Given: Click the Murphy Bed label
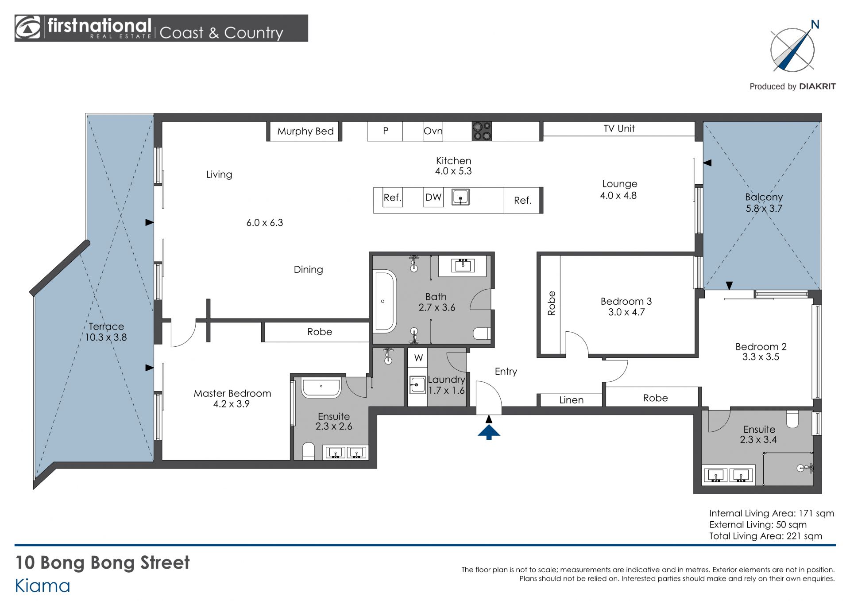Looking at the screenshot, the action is coord(305,131).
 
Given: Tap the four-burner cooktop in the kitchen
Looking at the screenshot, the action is coord(482,131).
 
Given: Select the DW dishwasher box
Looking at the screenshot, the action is coord(433,198).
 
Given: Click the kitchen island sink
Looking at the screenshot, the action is coord(460,197).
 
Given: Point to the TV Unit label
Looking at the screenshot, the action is coord(619,128).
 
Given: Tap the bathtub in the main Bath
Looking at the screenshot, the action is coord(384,301).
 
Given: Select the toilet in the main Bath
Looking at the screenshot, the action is coord(482,333).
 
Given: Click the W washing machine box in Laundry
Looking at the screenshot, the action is coord(418,358).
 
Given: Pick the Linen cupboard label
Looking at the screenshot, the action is coord(571,400).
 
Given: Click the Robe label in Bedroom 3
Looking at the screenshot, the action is coord(552,303).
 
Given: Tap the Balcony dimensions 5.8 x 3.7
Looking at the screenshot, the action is coord(764,209).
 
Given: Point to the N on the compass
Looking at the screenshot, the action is coord(815,24).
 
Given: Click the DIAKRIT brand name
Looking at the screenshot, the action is coord(817,86).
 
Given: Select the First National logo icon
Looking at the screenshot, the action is coord(28,28).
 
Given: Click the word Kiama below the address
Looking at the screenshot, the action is coord(42,586).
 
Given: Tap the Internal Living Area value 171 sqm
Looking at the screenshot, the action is coord(816,513).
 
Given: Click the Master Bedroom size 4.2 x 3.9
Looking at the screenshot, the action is coord(232,404).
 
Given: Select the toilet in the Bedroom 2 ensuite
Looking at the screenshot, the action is coord(792,419).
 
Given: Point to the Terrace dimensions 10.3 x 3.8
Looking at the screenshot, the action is coord(106,337).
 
